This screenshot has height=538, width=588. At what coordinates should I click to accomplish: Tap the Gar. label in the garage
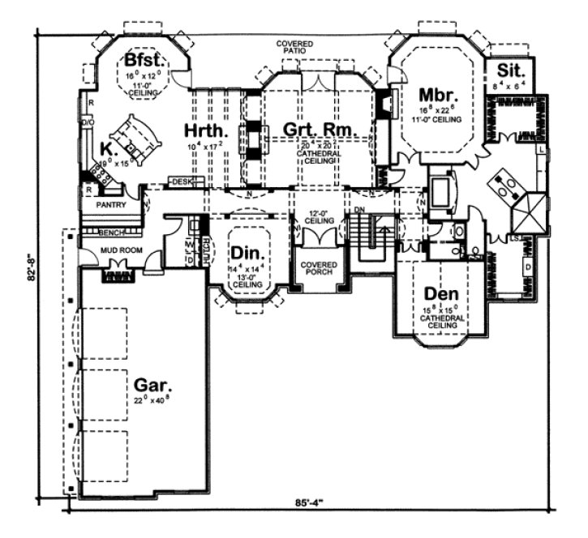[x=152, y=386]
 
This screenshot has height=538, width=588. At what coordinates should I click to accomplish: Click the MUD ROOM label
[x=122, y=250]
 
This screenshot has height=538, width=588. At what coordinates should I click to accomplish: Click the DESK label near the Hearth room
[x=182, y=181]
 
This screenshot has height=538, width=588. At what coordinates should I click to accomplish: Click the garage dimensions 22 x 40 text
[x=152, y=400]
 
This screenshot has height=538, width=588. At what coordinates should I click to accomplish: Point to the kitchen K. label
[x=106, y=147]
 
